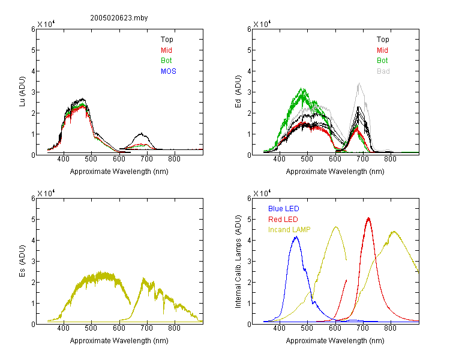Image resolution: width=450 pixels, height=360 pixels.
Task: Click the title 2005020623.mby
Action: point(119,18)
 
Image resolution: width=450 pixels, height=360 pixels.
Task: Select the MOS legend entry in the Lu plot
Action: point(169,71)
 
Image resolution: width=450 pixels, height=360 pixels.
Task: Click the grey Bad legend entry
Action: point(383,71)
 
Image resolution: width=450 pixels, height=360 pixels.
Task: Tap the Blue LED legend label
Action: point(284,209)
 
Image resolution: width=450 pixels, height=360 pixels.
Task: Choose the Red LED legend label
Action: point(283,220)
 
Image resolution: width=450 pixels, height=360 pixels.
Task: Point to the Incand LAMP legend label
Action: point(289,230)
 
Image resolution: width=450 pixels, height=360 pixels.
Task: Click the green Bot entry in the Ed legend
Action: point(382,61)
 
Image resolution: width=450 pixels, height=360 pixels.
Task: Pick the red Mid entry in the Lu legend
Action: point(166,50)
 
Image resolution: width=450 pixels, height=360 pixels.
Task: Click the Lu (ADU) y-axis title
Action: point(22,92)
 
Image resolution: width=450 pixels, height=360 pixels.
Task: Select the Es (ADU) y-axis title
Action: point(22,261)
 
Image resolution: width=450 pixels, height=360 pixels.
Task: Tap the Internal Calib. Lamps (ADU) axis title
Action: point(238,262)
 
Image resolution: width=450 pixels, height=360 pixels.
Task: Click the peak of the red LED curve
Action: point(368,218)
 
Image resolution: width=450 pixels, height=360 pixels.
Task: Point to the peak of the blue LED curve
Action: point(296,237)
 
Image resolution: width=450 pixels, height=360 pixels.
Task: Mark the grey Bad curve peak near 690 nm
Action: point(359,83)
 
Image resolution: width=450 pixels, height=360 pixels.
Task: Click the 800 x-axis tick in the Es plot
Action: point(174,328)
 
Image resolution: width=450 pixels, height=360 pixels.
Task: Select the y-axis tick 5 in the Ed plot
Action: point(249,50)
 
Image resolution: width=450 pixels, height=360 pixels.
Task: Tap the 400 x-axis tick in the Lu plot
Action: point(63,159)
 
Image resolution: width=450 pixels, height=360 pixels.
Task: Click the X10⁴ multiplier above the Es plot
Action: point(46,193)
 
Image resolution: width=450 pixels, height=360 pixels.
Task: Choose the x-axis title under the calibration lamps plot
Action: point(335,341)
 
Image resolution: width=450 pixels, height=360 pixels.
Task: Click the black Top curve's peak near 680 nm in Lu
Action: point(141,133)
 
